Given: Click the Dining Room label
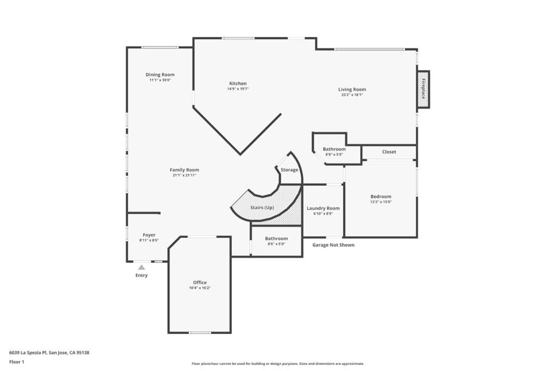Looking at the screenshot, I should click(x=160, y=74).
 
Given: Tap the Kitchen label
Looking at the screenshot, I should click(x=238, y=83).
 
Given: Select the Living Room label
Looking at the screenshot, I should click(x=352, y=90).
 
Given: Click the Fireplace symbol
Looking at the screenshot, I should click(x=424, y=90).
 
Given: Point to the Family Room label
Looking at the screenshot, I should click(x=185, y=170).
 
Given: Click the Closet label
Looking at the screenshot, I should click(x=389, y=152).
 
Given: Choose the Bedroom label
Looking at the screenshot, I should click(x=381, y=197).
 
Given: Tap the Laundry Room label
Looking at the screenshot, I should click(x=323, y=208).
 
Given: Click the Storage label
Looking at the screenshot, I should click(x=289, y=170).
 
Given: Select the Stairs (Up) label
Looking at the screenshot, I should click(x=262, y=208).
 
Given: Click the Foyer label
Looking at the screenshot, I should click(x=149, y=235).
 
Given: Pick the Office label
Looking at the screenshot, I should click(x=200, y=282).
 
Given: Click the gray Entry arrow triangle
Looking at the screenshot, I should click(x=141, y=267).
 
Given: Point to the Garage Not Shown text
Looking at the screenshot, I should click(x=333, y=245).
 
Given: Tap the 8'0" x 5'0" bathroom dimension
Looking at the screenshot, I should click(x=334, y=154).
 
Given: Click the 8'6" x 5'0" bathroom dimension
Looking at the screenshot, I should click(x=276, y=244).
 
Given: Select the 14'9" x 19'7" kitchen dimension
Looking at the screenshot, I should click(x=238, y=89).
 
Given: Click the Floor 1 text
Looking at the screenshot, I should click(x=17, y=362).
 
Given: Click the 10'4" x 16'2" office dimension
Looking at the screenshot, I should click(x=200, y=288).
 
